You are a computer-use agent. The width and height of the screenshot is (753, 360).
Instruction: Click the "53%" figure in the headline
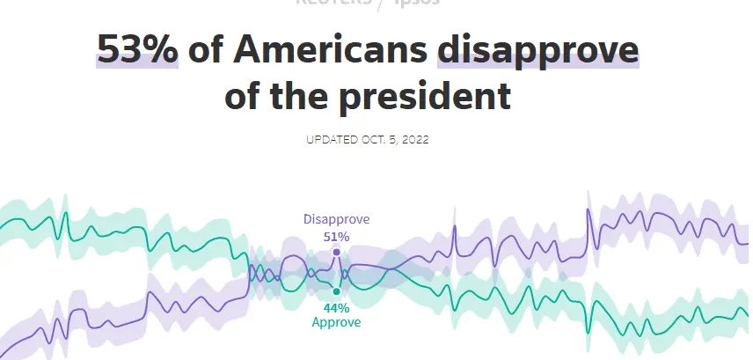137,50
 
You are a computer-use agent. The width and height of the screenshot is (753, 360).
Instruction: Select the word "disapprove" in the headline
538,50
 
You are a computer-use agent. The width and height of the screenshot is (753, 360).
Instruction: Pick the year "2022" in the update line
414,140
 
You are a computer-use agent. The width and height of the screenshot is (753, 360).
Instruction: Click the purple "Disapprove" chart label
336,219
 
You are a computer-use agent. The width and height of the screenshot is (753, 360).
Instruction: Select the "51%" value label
336,236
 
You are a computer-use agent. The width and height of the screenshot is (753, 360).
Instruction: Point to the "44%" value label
336,308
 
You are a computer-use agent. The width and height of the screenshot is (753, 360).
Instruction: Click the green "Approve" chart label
336,322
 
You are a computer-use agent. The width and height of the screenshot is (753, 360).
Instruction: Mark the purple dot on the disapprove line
336,252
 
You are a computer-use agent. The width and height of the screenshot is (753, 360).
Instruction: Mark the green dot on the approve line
336,291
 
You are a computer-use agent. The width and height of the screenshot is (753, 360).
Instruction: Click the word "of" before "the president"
247,94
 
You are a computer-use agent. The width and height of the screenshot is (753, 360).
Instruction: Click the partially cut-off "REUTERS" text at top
333,3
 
